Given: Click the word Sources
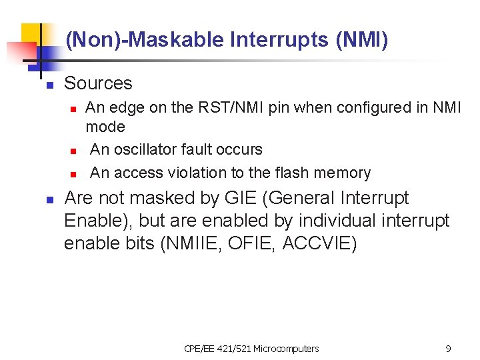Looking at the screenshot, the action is click(x=98, y=83).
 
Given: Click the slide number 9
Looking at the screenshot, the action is click(x=448, y=349).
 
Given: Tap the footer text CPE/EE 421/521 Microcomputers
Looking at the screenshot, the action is click(x=251, y=349).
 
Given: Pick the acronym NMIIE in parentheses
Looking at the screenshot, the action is click(x=189, y=243).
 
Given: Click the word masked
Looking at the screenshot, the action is click(x=168, y=198).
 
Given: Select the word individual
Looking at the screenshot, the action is click(x=311, y=221).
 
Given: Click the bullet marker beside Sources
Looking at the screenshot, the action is click(x=49, y=85).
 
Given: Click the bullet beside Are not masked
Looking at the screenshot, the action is click(x=49, y=200).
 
